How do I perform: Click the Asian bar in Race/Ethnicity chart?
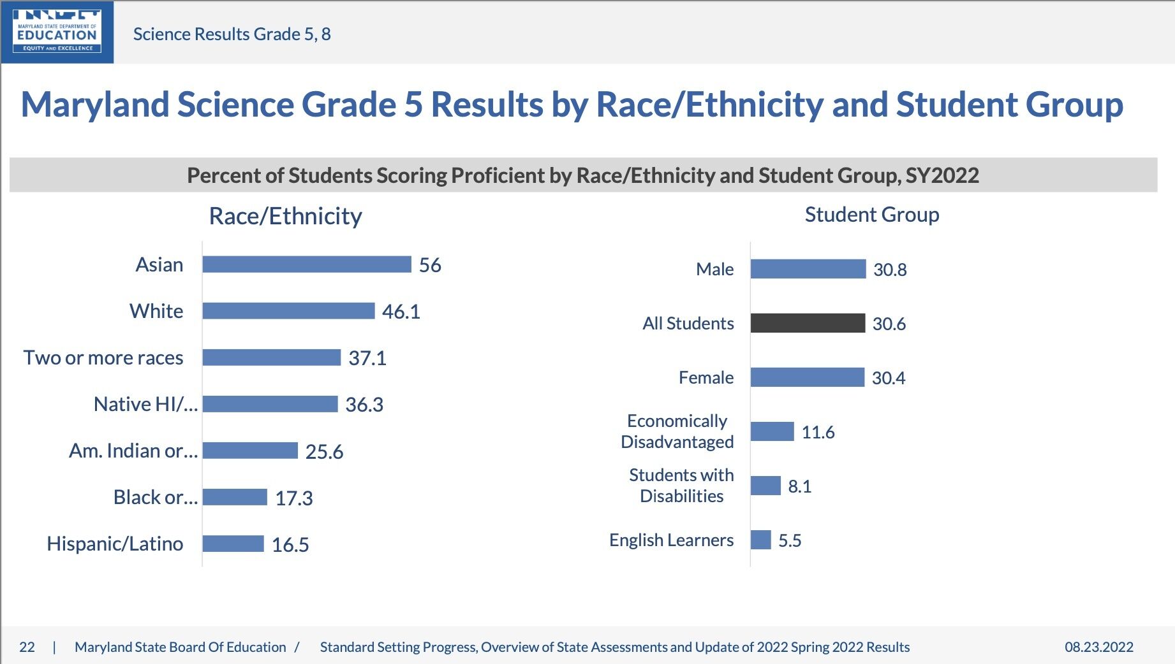click(x=307, y=264)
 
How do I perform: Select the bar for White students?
click(x=288, y=311)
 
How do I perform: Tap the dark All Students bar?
click(x=808, y=323)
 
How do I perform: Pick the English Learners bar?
click(x=761, y=540)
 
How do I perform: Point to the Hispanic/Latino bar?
click(x=233, y=544)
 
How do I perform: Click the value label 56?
click(x=430, y=265)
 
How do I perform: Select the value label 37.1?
click(x=367, y=358)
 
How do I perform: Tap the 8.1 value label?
click(x=799, y=486)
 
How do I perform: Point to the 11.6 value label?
click(x=818, y=432)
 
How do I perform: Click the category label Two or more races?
click(x=103, y=358)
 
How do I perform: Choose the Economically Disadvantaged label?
click(x=677, y=431)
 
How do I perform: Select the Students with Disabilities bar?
click(x=765, y=486)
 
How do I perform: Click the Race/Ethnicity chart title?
click(x=285, y=216)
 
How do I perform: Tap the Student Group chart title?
click(x=871, y=215)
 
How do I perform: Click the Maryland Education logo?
click(x=57, y=32)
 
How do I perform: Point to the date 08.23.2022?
click(x=1098, y=647)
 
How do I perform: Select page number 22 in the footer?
click(x=27, y=647)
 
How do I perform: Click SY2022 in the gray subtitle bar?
click(x=942, y=175)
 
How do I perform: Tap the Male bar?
click(x=808, y=269)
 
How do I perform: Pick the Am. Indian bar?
click(x=250, y=451)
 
